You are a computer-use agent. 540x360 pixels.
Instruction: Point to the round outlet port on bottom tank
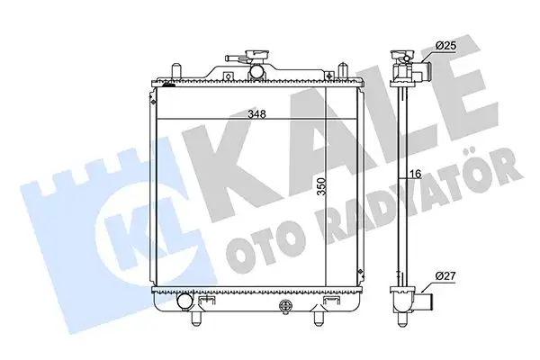(185, 317)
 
